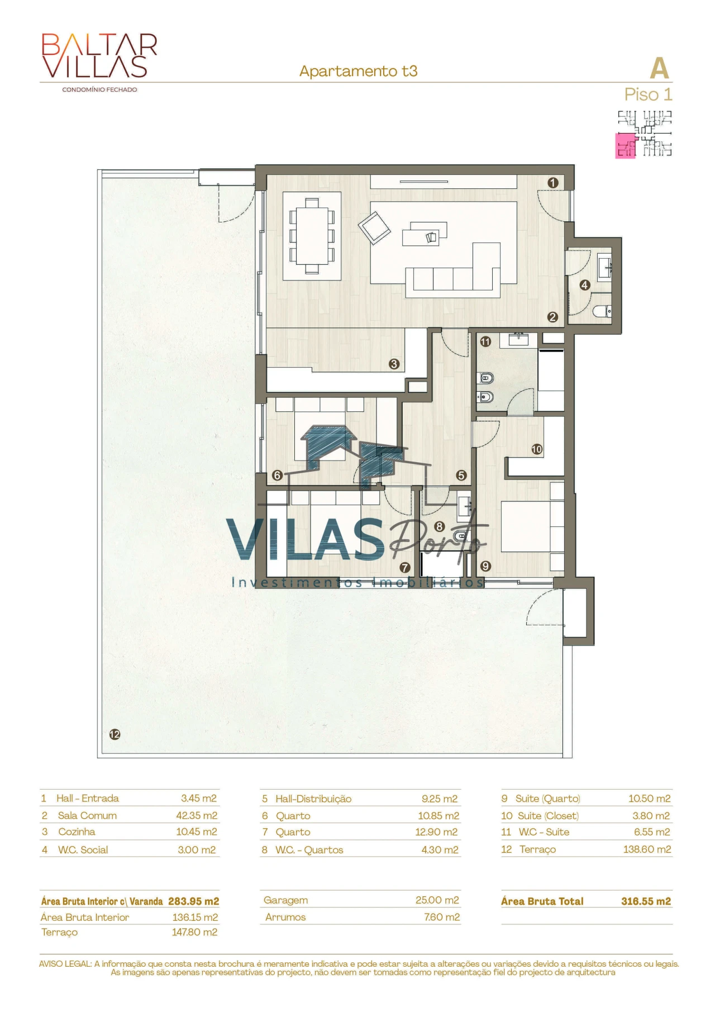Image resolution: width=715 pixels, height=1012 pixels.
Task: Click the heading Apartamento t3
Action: [358, 71]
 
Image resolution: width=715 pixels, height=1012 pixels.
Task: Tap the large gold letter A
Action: [659, 69]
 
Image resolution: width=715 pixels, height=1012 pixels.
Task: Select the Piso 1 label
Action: [648, 94]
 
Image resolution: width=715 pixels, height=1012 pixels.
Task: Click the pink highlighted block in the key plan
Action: [625, 146]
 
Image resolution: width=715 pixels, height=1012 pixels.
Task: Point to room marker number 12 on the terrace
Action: [115, 734]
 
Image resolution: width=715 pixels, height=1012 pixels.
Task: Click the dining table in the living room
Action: [312, 235]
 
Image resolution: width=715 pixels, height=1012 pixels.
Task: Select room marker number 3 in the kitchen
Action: [394, 364]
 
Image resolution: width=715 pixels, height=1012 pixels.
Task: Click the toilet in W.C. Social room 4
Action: [603, 311]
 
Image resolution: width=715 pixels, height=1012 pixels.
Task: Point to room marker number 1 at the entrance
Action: [553, 183]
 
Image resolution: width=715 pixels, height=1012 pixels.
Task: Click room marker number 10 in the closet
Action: [537, 449]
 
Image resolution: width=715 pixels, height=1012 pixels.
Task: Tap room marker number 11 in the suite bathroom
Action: [485, 341]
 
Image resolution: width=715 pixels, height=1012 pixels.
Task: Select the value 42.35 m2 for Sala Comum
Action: [197, 815]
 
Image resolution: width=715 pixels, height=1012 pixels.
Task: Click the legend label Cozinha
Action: [77, 832]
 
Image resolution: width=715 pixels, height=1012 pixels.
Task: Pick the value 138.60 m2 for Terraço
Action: [647, 849]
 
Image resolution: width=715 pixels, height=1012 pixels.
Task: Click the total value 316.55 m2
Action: [646, 901]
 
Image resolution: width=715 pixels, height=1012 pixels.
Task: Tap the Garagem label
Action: [285, 900]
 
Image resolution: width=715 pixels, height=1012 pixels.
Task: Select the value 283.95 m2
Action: [193, 901]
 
